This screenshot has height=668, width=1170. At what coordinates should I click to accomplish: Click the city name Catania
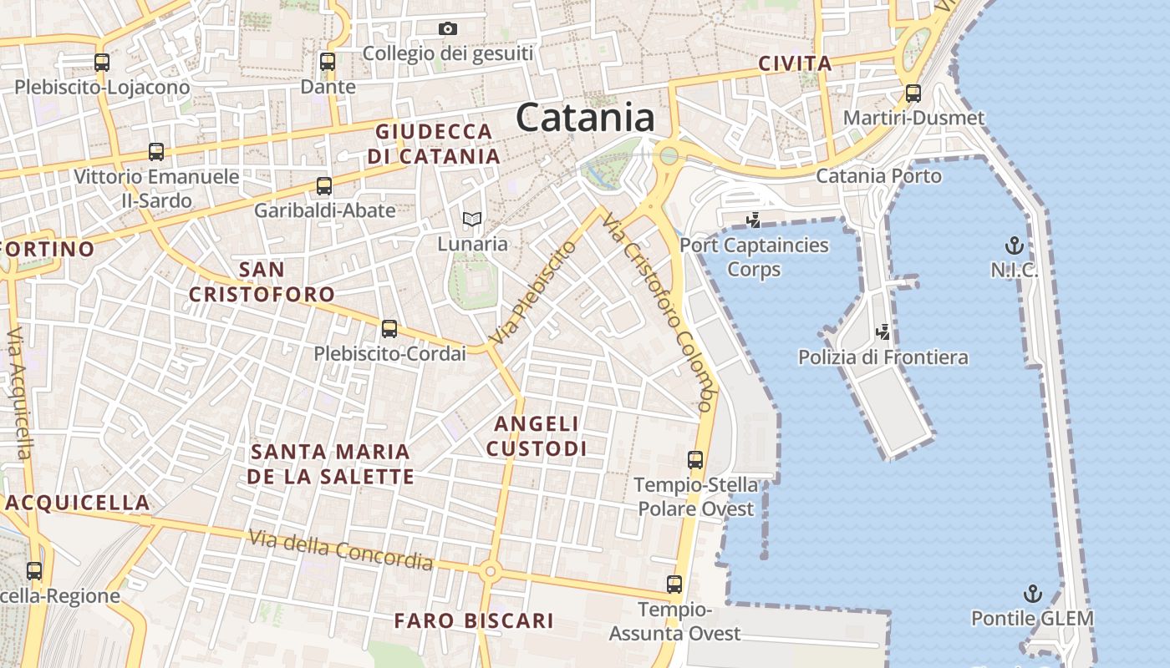(x=585, y=117)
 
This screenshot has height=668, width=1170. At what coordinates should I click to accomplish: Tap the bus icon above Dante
(x=328, y=61)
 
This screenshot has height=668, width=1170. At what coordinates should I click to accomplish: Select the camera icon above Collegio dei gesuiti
(x=448, y=29)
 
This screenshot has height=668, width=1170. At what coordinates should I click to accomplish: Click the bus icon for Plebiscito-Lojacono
(x=102, y=62)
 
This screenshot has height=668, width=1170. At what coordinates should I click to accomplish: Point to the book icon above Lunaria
(x=472, y=220)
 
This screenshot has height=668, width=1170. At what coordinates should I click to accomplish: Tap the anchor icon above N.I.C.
(x=1014, y=245)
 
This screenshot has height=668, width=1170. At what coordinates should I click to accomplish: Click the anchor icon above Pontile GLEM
(x=1034, y=594)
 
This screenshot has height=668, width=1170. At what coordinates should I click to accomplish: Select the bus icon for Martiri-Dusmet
(x=913, y=93)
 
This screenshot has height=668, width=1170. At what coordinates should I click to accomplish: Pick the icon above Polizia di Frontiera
(x=883, y=332)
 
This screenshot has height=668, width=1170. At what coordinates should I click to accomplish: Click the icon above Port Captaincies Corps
(x=754, y=220)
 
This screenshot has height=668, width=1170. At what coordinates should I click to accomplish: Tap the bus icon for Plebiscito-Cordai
(x=389, y=328)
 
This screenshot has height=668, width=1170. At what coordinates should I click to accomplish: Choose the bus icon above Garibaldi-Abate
(x=324, y=186)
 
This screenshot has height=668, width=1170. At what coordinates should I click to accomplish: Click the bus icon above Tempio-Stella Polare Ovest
(x=695, y=459)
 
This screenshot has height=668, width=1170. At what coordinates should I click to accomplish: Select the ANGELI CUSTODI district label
(x=537, y=436)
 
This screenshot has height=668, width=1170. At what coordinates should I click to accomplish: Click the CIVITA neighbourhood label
(x=795, y=63)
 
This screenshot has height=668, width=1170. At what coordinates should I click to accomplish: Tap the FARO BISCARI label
(x=474, y=620)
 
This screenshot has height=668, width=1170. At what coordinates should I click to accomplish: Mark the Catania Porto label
(x=878, y=176)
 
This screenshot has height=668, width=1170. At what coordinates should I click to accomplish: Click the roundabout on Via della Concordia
(x=490, y=572)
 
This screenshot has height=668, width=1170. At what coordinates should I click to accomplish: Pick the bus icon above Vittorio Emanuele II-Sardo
(x=156, y=152)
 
